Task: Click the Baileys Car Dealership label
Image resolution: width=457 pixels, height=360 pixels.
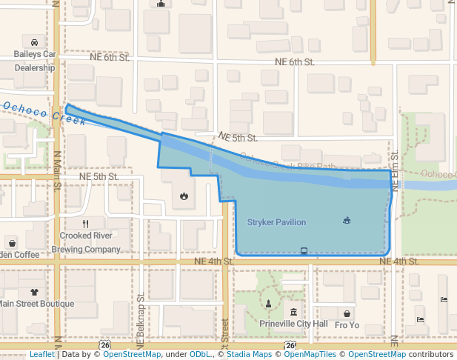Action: (x=35, y=61)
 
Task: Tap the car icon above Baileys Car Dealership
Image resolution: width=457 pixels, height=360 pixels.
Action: (x=35, y=42)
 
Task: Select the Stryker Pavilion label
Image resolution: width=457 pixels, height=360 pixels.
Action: (x=276, y=222)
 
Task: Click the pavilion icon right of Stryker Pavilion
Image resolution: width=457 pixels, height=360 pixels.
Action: (x=347, y=220)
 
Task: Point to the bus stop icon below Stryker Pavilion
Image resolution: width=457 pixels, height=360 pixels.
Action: (x=304, y=250)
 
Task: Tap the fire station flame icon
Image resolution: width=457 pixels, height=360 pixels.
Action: (x=184, y=197)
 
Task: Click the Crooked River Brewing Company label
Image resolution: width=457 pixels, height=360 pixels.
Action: (x=86, y=242)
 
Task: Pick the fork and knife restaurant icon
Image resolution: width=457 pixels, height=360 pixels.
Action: (x=86, y=223)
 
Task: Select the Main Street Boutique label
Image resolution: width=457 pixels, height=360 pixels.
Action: (x=36, y=304)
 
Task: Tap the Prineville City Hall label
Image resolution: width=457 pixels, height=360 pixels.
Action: (x=293, y=324)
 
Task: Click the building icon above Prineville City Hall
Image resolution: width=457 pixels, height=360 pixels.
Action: (x=294, y=312)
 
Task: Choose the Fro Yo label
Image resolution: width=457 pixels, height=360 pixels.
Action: (x=347, y=324)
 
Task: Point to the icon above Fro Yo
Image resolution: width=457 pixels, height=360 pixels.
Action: (x=347, y=313)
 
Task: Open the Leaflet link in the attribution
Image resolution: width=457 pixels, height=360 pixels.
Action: (x=41, y=355)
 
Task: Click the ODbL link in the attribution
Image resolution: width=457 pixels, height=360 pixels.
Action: (x=200, y=355)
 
